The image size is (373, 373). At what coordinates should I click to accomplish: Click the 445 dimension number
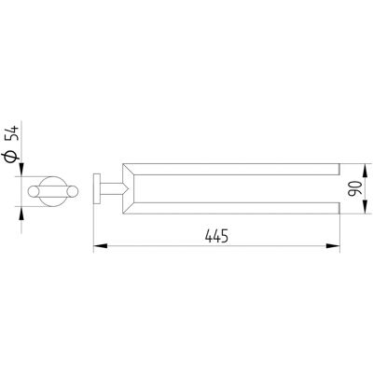216,236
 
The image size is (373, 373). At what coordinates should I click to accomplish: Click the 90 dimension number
355,188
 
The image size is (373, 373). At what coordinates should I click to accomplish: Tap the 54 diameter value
14,133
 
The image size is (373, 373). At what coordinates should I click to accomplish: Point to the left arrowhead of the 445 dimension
100,246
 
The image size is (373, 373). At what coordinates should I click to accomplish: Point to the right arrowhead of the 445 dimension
333,246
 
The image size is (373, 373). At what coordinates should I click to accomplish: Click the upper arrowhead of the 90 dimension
365,170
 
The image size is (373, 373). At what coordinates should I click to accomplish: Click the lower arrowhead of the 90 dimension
365,207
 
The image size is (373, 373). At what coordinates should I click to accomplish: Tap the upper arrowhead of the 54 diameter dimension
21,170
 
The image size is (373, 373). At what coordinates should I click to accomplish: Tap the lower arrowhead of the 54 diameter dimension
21,213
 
